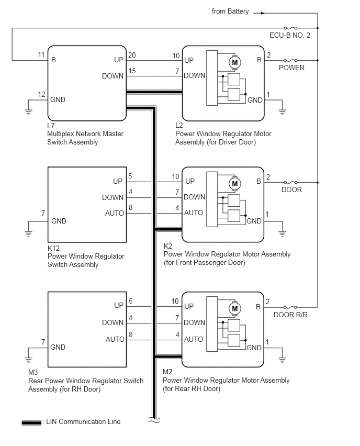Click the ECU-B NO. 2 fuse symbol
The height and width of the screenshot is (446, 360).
point(290,28)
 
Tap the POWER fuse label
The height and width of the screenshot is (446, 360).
point(291,68)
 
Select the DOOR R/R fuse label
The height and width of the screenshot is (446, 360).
point(290,315)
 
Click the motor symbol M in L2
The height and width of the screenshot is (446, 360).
point(235,62)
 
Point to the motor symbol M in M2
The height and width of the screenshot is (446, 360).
point(235,309)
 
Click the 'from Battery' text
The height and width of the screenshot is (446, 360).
point(230,12)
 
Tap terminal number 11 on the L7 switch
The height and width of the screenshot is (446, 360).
point(41,54)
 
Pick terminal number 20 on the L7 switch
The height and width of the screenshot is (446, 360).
point(132,55)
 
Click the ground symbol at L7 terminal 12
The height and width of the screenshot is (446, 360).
point(28,111)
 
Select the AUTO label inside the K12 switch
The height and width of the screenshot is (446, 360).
point(115,214)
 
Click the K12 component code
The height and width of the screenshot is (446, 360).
point(54,248)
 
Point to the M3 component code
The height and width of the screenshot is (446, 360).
point(33,372)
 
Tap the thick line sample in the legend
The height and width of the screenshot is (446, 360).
point(31,422)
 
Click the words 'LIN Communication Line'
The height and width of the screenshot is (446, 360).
point(83,421)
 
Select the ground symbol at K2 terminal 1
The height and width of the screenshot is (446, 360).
point(282,233)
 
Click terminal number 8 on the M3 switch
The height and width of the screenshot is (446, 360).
point(130,334)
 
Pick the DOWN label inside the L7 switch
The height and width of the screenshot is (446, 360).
point(113,76)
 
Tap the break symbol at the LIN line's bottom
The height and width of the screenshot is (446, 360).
point(154,420)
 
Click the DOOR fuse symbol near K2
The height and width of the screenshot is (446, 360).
point(290,182)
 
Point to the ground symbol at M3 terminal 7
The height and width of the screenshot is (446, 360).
point(28,359)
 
